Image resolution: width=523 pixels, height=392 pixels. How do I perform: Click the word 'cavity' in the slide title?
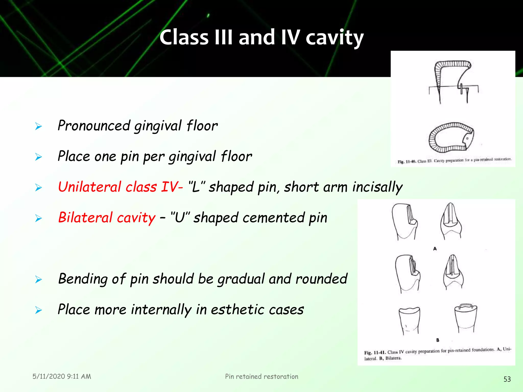tap(335, 38)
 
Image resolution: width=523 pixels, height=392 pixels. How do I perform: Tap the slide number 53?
tap(507, 379)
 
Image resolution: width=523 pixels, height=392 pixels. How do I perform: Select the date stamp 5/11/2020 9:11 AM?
tap(62, 376)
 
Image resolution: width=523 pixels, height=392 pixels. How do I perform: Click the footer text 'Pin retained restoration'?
tap(261, 376)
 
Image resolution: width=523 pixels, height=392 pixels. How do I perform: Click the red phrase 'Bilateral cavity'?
tap(106, 217)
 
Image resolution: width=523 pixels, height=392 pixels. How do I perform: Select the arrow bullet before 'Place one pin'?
tap(39, 157)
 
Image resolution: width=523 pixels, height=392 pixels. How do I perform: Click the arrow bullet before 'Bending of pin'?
tap(39, 279)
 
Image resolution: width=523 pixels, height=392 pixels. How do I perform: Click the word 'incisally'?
tap(377, 187)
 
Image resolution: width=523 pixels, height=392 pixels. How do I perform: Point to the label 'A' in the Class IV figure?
tap(435, 249)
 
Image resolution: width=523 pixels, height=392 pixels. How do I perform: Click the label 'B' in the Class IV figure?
tap(437, 340)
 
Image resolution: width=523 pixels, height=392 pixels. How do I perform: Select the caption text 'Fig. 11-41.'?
tap(375, 353)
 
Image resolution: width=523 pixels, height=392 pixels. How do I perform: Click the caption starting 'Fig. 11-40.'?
tap(454, 161)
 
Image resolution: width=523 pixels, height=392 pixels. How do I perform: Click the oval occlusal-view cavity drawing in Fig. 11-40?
tap(451, 137)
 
